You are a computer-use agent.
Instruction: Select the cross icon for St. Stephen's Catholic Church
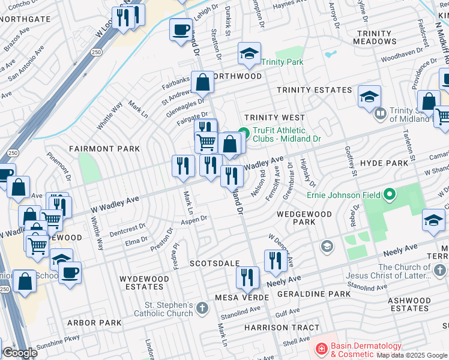pos(202,308)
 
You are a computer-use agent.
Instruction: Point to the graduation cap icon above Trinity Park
pos(249,54)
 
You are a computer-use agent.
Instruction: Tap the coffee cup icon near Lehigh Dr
pos(181,29)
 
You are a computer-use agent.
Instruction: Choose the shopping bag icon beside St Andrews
pos(203,82)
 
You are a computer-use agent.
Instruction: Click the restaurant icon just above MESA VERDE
pos(247,277)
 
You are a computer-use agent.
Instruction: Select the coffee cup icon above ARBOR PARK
pos(70,272)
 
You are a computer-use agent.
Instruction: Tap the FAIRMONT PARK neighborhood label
pos(104,149)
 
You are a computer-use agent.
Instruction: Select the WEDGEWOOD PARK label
pos(304,218)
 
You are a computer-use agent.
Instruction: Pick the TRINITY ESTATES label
pos(314,90)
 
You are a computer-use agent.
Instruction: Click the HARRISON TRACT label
pos(274,328)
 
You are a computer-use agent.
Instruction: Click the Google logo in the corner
pos(20,353)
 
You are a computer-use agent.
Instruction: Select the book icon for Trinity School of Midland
pos(380,113)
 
